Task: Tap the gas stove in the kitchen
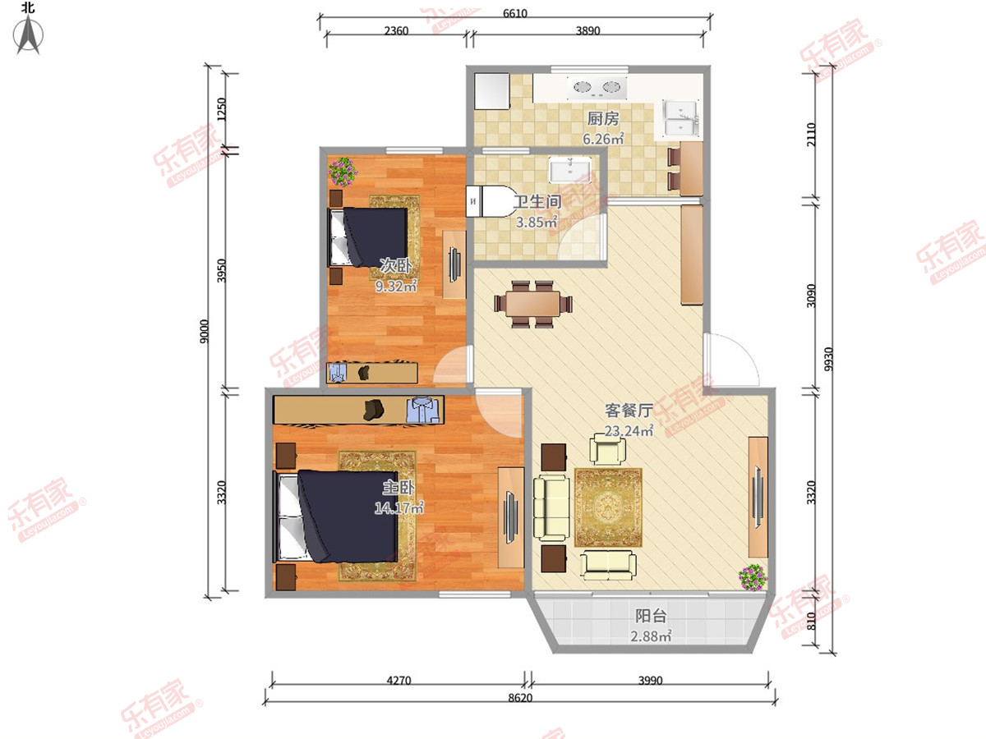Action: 597,88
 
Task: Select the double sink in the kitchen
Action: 680,119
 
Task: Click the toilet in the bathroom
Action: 490,201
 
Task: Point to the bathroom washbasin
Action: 570,170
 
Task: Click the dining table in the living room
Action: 533,304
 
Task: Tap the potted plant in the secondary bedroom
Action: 343,172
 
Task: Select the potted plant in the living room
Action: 753,577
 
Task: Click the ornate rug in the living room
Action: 608,507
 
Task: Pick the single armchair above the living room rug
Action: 608,448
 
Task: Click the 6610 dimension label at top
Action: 515,13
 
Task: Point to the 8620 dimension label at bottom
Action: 520,698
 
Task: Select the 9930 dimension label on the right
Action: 829,359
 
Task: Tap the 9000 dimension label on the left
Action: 205,332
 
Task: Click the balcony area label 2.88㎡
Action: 651,636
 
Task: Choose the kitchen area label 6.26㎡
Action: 603,139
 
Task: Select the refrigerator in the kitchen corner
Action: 492,91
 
